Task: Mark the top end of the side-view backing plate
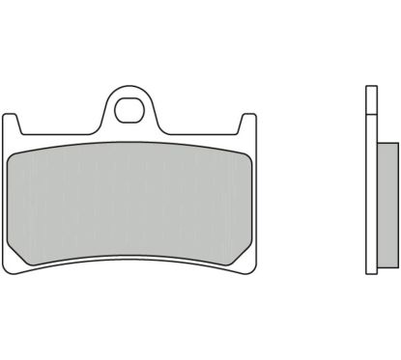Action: [369, 90]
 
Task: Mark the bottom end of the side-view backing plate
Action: [369, 269]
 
